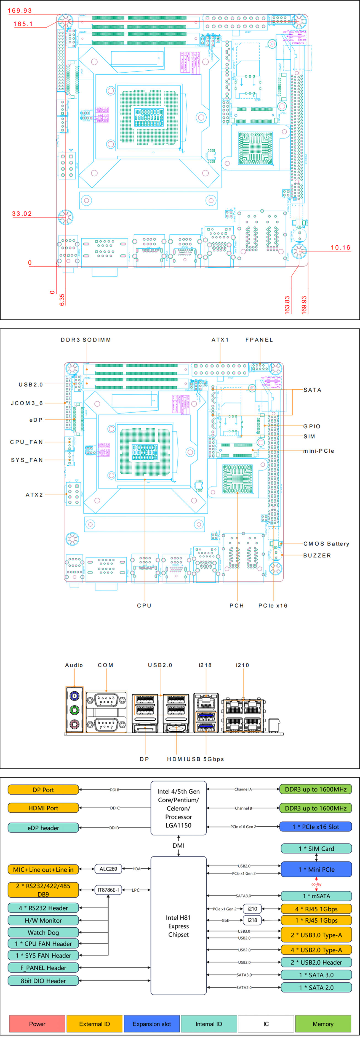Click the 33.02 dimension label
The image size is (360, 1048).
(22, 214)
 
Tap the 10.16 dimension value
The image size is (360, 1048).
(340, 247)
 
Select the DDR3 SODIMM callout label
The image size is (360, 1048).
(86, 340)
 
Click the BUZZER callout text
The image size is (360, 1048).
(317, 555)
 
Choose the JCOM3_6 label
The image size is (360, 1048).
(27, 403)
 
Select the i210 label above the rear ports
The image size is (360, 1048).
(242, 665)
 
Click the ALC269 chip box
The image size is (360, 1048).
(108, 869)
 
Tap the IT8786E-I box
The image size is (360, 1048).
(108, 890)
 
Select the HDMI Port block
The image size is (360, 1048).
(43, 808)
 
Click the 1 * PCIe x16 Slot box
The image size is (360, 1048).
(316, 827)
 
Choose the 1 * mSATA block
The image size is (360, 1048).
(316, 896)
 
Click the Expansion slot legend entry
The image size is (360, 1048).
(152, 1024)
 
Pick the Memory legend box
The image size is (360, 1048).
(323, 1024)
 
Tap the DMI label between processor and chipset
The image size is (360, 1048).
(178, 845)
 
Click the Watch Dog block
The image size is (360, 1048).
(43, 932)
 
